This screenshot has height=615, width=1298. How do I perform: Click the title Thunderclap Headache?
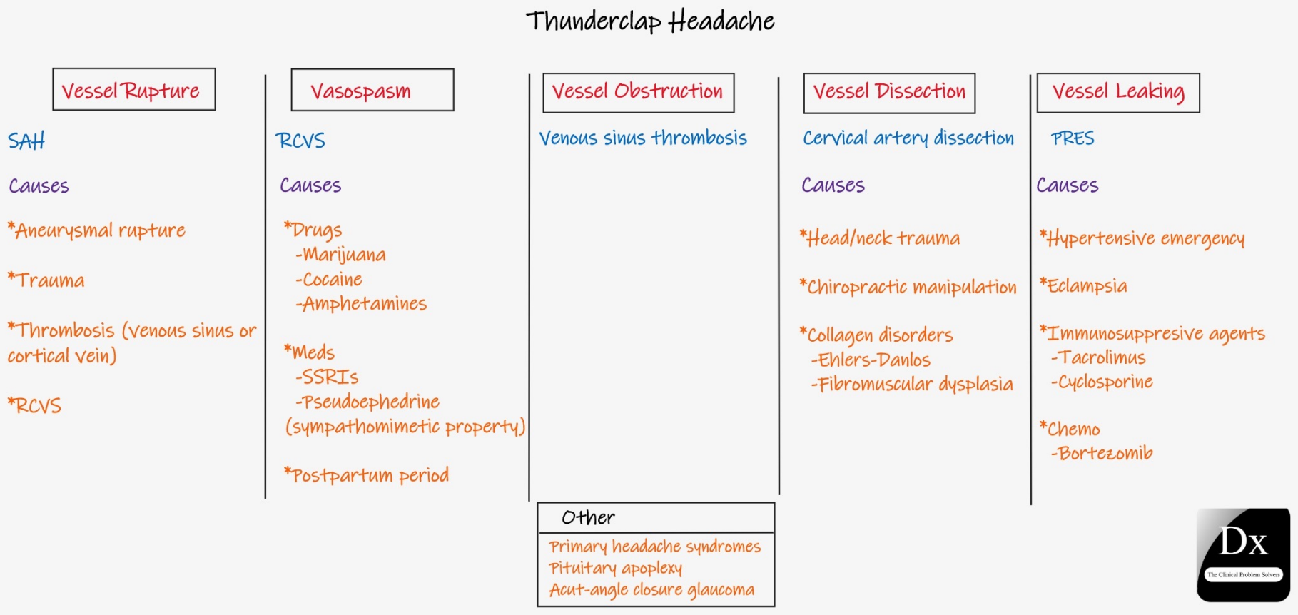[650, 21]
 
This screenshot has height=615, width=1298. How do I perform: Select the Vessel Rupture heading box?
[134, 89]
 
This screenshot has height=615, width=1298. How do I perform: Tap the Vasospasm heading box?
[372, 90]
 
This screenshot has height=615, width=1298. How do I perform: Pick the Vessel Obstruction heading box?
[639, 93]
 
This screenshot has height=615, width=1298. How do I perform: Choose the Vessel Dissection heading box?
[889, 93]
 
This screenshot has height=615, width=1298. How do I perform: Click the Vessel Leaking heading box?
[1118, 93]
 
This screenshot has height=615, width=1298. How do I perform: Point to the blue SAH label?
[26, 141]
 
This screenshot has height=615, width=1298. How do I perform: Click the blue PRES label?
[1073, 138]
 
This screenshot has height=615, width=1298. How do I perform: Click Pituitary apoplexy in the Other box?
[615, 569]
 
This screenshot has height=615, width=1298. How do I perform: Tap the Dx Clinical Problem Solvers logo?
[1243, 554]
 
